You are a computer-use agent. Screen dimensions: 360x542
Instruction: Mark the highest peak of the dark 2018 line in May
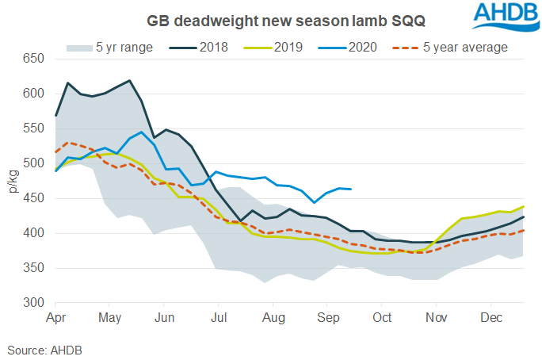pyautogui.click(x=129, y=80)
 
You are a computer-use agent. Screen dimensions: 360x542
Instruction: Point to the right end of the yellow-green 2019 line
pyautogui.click(x=524, y=207)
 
